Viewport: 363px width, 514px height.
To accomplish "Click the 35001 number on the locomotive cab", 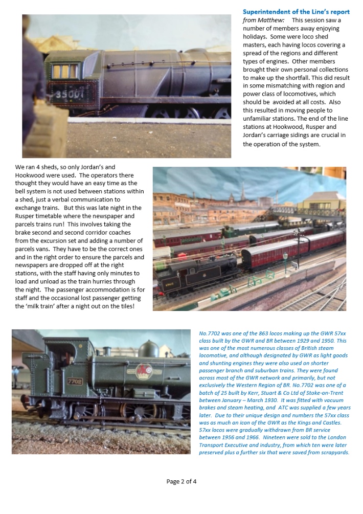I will tap(69, 95).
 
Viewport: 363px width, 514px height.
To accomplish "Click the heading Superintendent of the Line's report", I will tap(296, 12).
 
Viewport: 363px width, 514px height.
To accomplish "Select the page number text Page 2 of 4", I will tap(181, 481).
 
